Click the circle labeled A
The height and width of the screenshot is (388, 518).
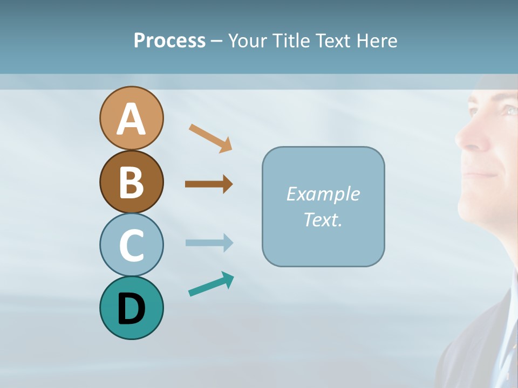click(131, 118)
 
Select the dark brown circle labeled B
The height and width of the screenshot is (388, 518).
click(131, 182)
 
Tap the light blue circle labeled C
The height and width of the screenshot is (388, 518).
click(131, 245)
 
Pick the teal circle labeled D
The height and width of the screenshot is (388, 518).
click(131, 308)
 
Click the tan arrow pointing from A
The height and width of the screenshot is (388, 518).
click(210, 137)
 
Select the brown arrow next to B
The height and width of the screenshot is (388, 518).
click(208, 184)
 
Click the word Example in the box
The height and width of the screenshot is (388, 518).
click(323, 193)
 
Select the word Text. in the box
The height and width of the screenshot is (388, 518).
click(323, 219)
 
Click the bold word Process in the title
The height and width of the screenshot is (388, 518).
click(169, 40)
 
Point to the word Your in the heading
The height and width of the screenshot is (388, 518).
click(248, 40)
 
